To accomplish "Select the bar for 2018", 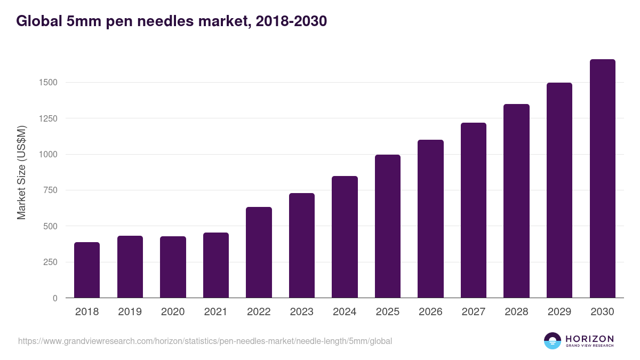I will (x=87, y=270).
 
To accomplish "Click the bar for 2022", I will (x=259, y=252).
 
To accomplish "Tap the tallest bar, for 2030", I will (x=602, y=179).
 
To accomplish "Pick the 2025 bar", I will (x=388, y=226).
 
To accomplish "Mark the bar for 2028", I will (x=516, y=201).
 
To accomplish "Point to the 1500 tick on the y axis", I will (x=48, y=83).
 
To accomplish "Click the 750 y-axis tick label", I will (x=51, y=190).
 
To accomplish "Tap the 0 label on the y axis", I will (x=55, y=298).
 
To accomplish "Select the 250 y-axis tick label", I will (x=51, y=262).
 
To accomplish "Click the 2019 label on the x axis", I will (x=130, y=312).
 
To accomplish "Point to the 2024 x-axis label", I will (x=345, y=312).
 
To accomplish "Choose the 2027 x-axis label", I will (x=473, y=312).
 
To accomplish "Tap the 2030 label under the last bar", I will (x=602, y=312).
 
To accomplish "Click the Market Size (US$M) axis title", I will (x=21, y=172).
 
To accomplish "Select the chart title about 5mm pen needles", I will (x=171, y=21).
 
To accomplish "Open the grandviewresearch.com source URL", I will (x=205, y=341).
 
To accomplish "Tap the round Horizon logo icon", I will (x=553, y=341).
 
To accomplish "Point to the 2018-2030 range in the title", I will (x=291, y=21).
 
